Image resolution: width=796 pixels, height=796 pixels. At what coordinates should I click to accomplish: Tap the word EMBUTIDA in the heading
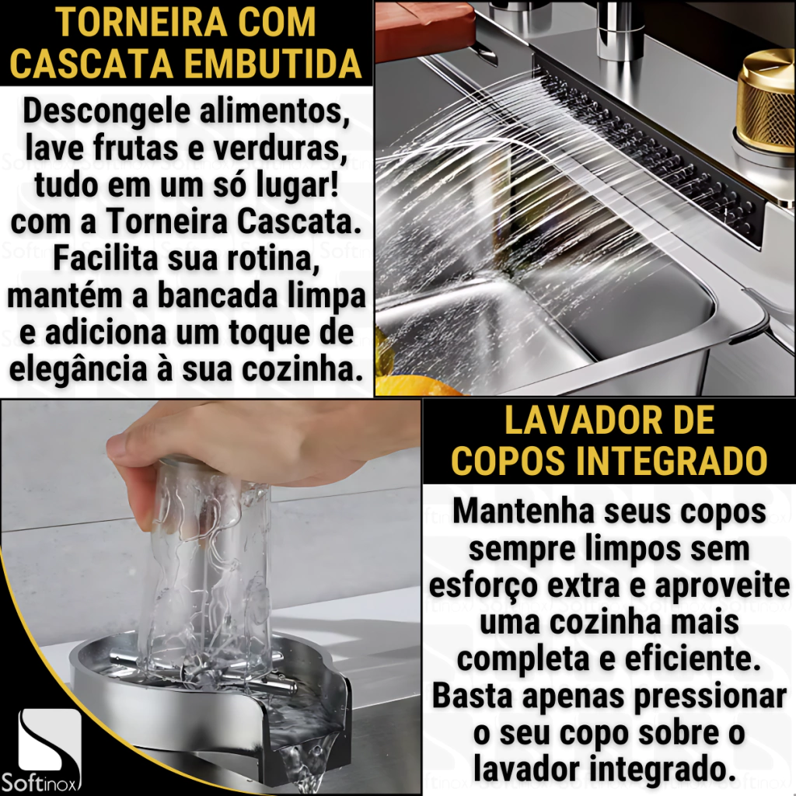(x=272, y=63)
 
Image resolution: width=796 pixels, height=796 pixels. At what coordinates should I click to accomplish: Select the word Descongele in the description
(x=105, y=113)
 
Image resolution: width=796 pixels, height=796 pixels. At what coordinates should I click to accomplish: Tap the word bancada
(x=218, y=296)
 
